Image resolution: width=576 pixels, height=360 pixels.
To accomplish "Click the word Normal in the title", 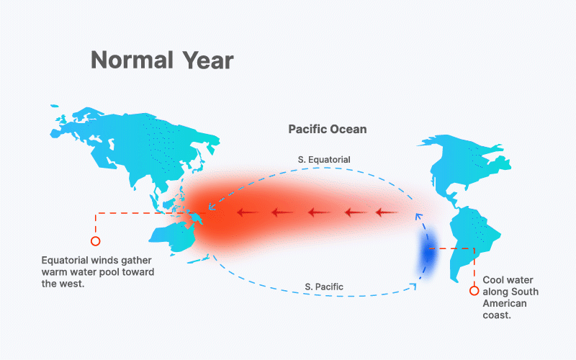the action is (x=132, y=60).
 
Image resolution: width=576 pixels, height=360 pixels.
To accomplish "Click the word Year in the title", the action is (x=208, y=60).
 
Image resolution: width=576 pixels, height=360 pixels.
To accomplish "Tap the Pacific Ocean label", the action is (x=328, y=130).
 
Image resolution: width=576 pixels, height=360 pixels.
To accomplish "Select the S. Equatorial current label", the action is (x=324, y=160).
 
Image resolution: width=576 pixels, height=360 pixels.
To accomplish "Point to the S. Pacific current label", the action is (x=324, y=287).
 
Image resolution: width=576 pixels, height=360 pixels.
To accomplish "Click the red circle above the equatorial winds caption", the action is (x=96, y=241).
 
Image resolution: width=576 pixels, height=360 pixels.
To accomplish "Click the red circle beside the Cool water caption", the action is (x=474, y=291).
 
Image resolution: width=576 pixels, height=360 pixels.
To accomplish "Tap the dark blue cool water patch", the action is (x=428, y=253).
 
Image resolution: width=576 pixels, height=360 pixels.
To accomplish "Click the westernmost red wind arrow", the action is (x=248, y=212).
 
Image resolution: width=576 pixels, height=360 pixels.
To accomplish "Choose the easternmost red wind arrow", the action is (x=387, y=212).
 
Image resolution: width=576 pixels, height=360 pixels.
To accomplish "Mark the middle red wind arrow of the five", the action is (x=319, y=212).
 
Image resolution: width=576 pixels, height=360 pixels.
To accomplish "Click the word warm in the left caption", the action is (x=54, y=272).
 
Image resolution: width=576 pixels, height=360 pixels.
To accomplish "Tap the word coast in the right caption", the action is (x=497, y=315).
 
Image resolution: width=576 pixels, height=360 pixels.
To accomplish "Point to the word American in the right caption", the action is (x=505, y=303).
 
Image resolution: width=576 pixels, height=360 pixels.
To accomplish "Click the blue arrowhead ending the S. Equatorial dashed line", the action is (x=212, y=207).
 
